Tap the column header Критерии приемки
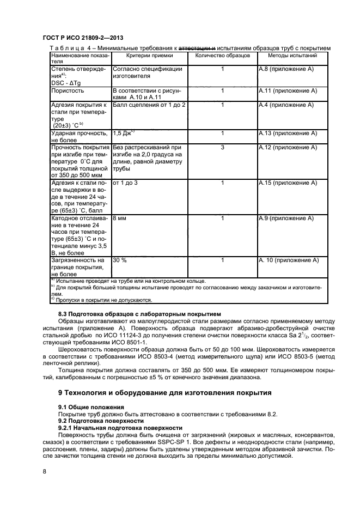click(149, 56)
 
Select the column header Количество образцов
click(222, 56)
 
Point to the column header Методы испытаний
click(292, 56)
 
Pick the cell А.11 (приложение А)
click(288, 90)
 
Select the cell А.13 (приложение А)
click(288, 133)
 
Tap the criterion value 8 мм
click(119, 218)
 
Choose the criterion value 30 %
click(120, 261)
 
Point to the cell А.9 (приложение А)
click(286, 218)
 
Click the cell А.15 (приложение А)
click(288, 183)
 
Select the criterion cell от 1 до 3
click(125, 183)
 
